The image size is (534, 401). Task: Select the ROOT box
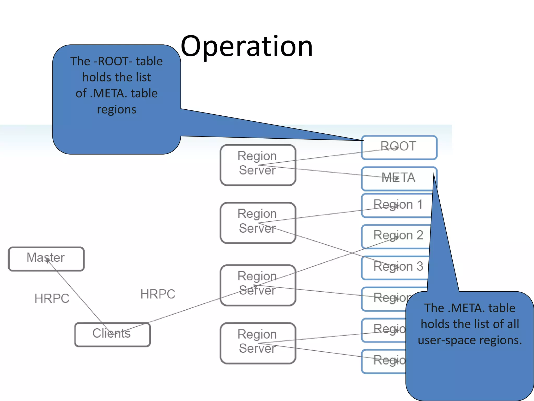click(399, 147)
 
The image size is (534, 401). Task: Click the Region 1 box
click(396, 205)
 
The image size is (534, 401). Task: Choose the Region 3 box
click(395, 267)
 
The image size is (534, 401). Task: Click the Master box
click(46, 259)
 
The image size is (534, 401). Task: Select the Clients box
click(112, 334)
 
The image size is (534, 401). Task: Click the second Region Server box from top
click(258, 222)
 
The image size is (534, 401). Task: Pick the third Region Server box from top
click(258, 285)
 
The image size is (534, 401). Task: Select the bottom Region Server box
click(258, 343)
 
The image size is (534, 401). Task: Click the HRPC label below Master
click(52, 298)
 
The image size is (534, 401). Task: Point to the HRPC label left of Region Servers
click(158, 294)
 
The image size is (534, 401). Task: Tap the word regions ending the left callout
click(117, 109)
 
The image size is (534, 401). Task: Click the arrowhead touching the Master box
click(48, 260)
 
